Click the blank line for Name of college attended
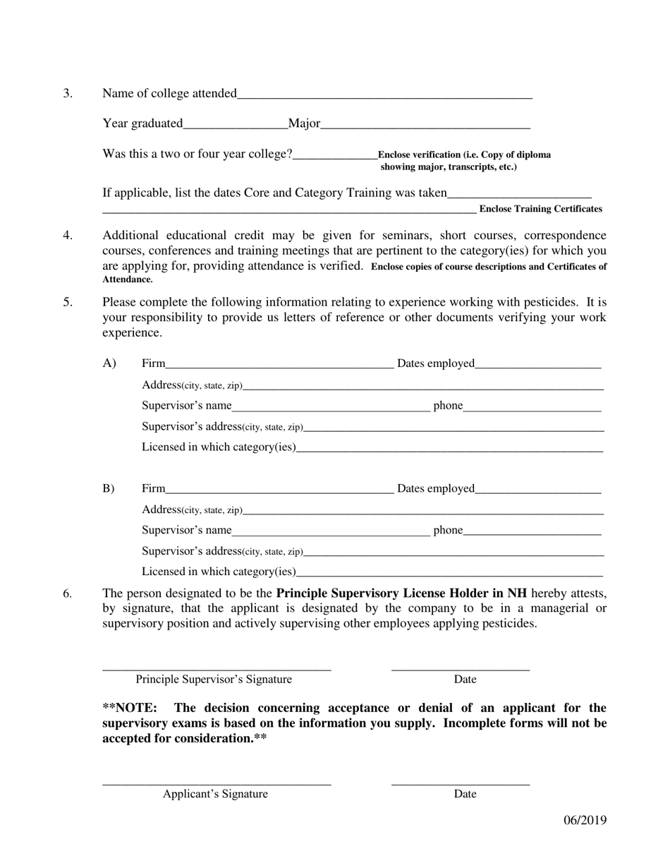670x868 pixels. pyautogui.click(x=384, y=94)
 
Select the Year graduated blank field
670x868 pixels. pyautogui.click(x=235, y=124)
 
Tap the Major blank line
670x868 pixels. pyautogui.click(x=425, y=124)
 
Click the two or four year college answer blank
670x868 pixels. pyautogui.click(x=335, y=155)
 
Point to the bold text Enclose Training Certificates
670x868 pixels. pyautogui.click(x=540, y=209)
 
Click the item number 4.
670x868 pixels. pyautogui.click(x=68, y=236)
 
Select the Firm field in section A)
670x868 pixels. pyautogui.click(x=279, y=363)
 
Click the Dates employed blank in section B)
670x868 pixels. pyautogui.click(x=537, y=488)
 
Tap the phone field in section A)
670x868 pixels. pyautogui.click(x=532, y=405)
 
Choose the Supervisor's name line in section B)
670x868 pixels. pyautogui.click(x=330, y=530)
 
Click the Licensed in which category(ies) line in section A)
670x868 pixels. pyautogui.click(x=449, y=447)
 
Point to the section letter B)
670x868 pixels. pyautogui.click(x=109, y=488)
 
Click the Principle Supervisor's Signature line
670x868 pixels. pyautogui.click(x=217, y=665)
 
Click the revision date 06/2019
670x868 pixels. pyautogui.click(x=585, y=820)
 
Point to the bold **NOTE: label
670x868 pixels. pyautogui.click(x=130, y=708)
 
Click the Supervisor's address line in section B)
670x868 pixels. pyautogui.click(x=453, y=551)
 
